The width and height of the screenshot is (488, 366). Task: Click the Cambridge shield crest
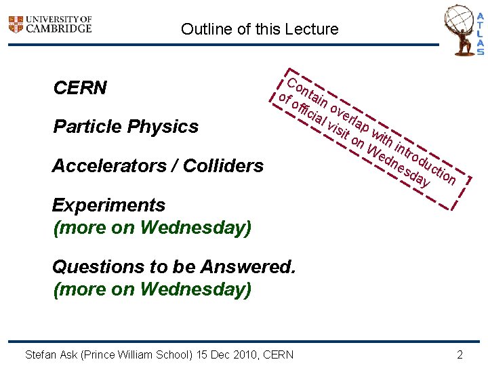[x=15, y=24]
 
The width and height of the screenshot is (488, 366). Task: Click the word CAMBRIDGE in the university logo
[x=59, y=28]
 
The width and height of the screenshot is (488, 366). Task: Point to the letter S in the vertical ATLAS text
[x=480, y=51]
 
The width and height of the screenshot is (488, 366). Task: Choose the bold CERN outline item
[x=80, y=88]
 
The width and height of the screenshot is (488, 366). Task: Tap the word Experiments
[x=108, y=205]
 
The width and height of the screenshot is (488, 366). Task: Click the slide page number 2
[x=460, y=354]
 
